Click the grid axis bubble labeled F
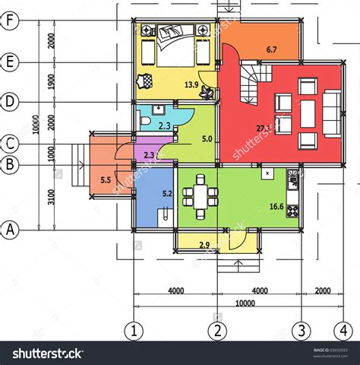tap(10, 21)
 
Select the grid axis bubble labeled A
tap(10, 229)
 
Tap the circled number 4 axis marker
tap(345, 330)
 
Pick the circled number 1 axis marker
tap(134, 330)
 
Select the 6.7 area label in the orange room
tap(271, 50)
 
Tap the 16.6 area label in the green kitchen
tap(276, 206)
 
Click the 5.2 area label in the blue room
tap(166, 194)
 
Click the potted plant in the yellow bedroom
tap(145, 79)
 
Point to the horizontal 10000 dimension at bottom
tap(244, 303)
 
